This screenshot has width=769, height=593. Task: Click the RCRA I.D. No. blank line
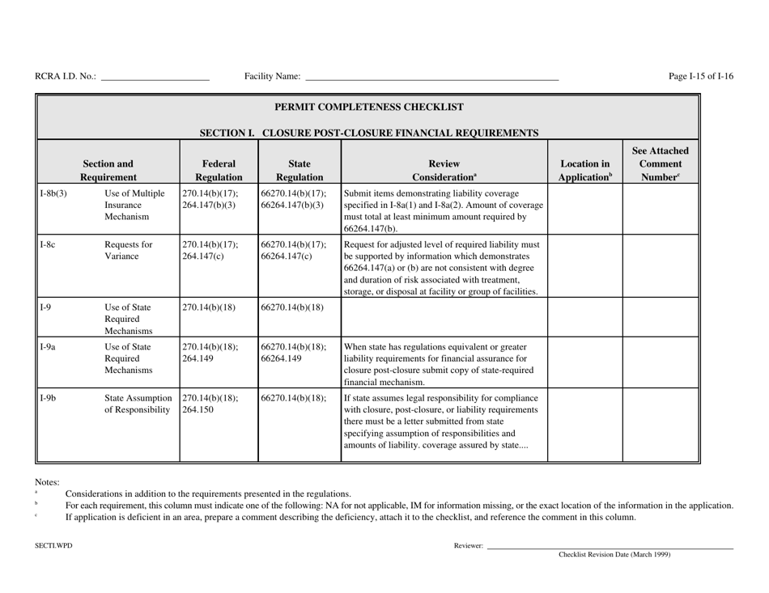point(155,78)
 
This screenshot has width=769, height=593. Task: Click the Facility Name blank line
point(431,78)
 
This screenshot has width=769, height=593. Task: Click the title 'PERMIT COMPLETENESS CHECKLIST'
point(369,107)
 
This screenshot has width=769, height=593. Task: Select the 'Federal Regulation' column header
point(215,162)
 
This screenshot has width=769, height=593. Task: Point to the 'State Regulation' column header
point(298,162)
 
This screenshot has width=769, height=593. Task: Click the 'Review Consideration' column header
point(444,162)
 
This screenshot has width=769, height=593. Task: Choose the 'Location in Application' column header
point(584,162)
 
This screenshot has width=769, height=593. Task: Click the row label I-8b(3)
point(53,193)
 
